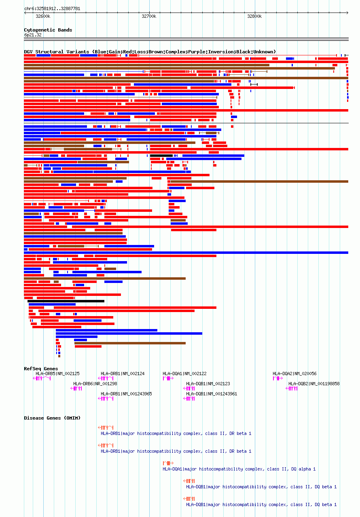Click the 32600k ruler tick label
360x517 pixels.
[x=43, y=16]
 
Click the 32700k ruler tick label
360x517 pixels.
[x=149, y=16]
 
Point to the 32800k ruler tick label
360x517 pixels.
[x=254, y=16]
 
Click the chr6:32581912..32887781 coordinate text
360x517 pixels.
[x=52, y=8]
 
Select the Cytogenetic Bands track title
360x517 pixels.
[x=48, y=30]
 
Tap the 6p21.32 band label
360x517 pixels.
[x=33, y=35]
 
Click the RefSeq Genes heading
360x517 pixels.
[x=41, y=369]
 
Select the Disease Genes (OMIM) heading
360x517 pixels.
[x=52, y=418]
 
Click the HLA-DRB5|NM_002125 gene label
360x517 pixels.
[x=57, y=374]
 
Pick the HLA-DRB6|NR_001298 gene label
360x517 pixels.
[x=95, y=384]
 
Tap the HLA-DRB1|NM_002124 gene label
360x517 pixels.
[x=123, y=374]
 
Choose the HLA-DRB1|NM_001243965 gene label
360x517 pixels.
[x=126, y=394]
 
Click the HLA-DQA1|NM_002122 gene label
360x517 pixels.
[x=184, y=374]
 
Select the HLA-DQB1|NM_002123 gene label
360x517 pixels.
[x=208, y=384]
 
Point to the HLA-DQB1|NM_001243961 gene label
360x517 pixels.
[x=212, y=394]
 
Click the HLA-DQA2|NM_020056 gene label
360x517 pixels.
[x=294, y=374]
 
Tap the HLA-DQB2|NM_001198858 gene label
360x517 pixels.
[x=314, y=384]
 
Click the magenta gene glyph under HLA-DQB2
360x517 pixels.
[x=292, y=388]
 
